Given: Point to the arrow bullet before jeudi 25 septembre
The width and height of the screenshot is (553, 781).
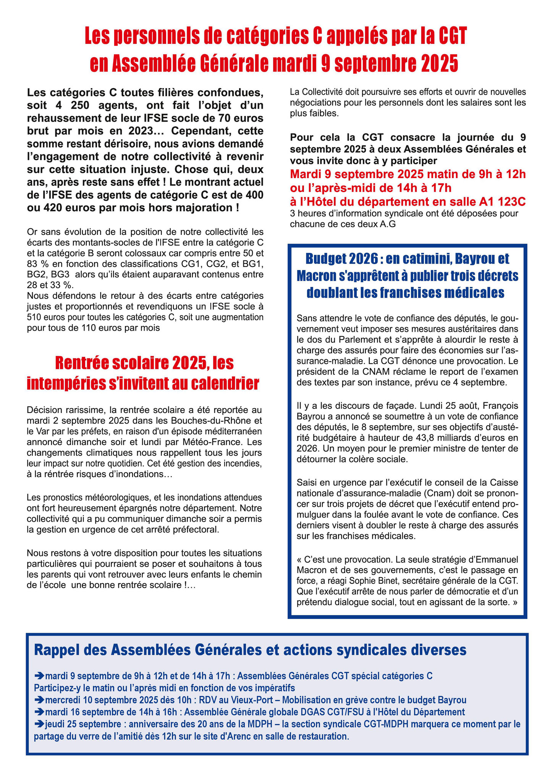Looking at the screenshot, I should (39, 723).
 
